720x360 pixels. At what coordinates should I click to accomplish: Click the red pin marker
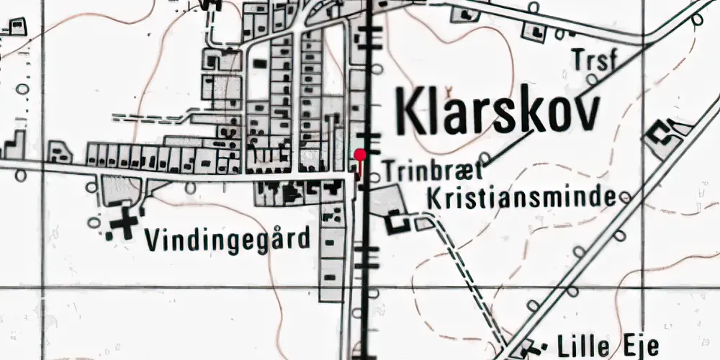coord(360,154)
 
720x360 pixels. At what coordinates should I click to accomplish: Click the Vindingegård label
coord(230,239)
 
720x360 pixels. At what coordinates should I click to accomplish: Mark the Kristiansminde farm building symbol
coord(396,222)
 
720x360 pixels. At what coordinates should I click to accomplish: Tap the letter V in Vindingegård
coord(152,240)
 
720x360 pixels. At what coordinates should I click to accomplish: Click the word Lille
coord(579,345)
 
